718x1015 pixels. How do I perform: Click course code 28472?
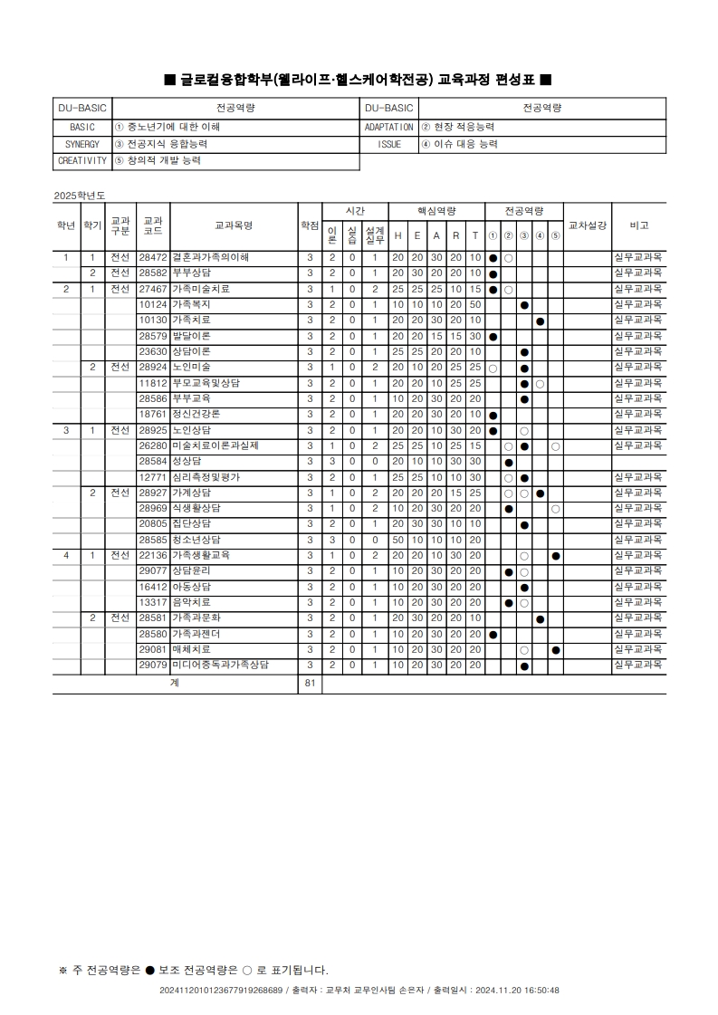click(152, 257)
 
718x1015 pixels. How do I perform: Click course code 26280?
click(152, 445)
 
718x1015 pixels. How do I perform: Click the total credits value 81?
click(310, 683)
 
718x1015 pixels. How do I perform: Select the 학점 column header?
click(310, 225)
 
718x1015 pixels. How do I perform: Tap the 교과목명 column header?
click(233, 225)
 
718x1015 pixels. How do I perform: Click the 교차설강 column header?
click(587, 225)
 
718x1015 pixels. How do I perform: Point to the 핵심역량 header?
click(436, 210)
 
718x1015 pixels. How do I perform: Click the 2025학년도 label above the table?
click(80, 195)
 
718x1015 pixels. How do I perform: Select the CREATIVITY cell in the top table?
click(82, 161)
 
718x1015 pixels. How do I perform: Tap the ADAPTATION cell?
click(389, 128)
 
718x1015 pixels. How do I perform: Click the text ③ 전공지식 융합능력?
click(160, 145)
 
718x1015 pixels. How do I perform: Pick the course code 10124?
click(152, 304)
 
